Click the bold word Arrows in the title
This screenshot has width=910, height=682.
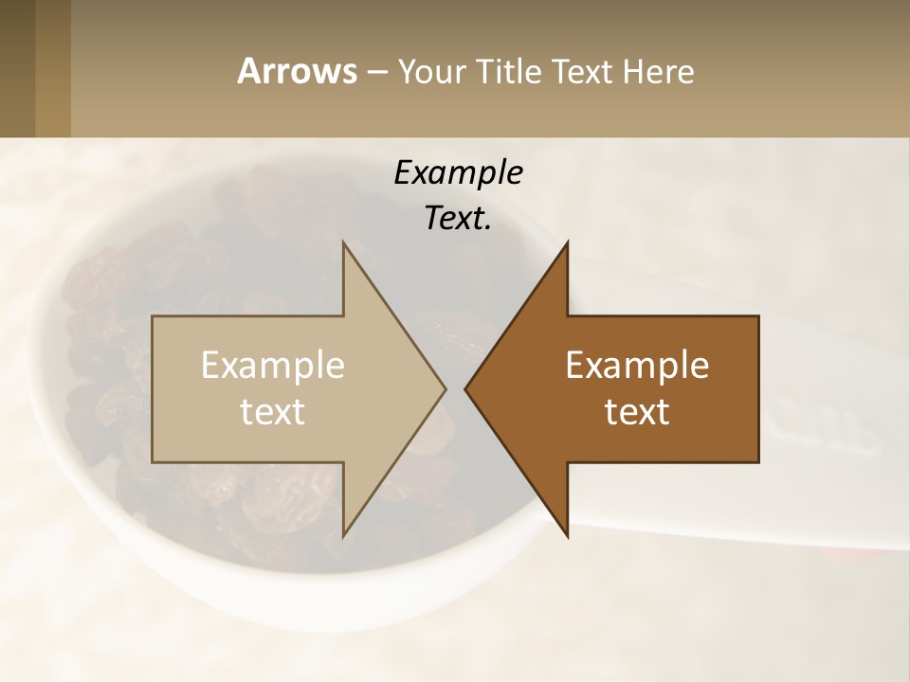tap(297, 71)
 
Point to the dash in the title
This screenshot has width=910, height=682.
tap(376, 72)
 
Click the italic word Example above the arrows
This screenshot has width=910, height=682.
tap(459, 173)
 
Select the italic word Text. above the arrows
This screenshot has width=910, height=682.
tap(459, 219)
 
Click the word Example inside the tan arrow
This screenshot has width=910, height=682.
tap(272, 366)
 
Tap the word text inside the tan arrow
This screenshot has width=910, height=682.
tap(272, 412)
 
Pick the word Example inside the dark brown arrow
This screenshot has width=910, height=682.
tap(637, 366)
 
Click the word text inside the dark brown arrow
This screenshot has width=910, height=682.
tap(637, 412)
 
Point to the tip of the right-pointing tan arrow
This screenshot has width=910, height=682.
tap(445, 389)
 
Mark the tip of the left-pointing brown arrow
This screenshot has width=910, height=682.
tap(466, 389)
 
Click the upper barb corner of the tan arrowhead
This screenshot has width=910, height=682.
tap(344, 242)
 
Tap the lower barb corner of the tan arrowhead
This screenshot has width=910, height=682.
tap(344, 536)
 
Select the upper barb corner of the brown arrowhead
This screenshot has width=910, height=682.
tap(567, 242)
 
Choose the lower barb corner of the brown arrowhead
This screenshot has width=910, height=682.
tap(567, 536)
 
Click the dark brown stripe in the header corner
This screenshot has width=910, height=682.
tap(17, 68)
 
